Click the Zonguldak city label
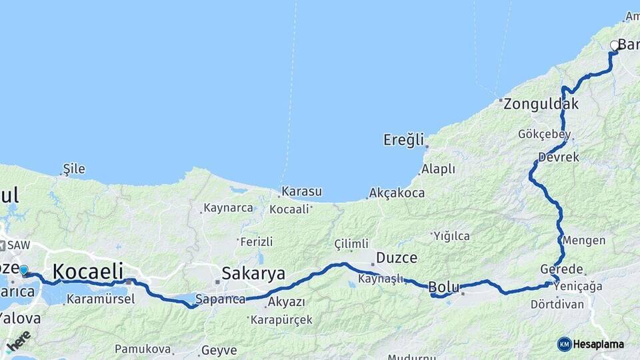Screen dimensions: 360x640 point(541,104)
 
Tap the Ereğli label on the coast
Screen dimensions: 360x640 point(403,140)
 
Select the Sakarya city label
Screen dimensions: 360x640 point(253,273)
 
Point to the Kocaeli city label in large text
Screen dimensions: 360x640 point(88,271)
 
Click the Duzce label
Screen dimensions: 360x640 point(397,257)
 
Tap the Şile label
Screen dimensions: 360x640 point(74,169)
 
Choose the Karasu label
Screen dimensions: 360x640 point(301,192)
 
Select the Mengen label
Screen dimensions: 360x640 point(584,241)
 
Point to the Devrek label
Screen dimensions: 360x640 point(558,157)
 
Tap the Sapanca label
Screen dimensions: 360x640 point(221,299)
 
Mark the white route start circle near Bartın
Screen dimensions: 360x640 point(615,46)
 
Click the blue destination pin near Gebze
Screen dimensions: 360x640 point(24,270)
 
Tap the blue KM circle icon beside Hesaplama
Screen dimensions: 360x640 point(564,344)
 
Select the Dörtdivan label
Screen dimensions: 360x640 point(557,305)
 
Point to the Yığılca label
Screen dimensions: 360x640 point(451,236)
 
